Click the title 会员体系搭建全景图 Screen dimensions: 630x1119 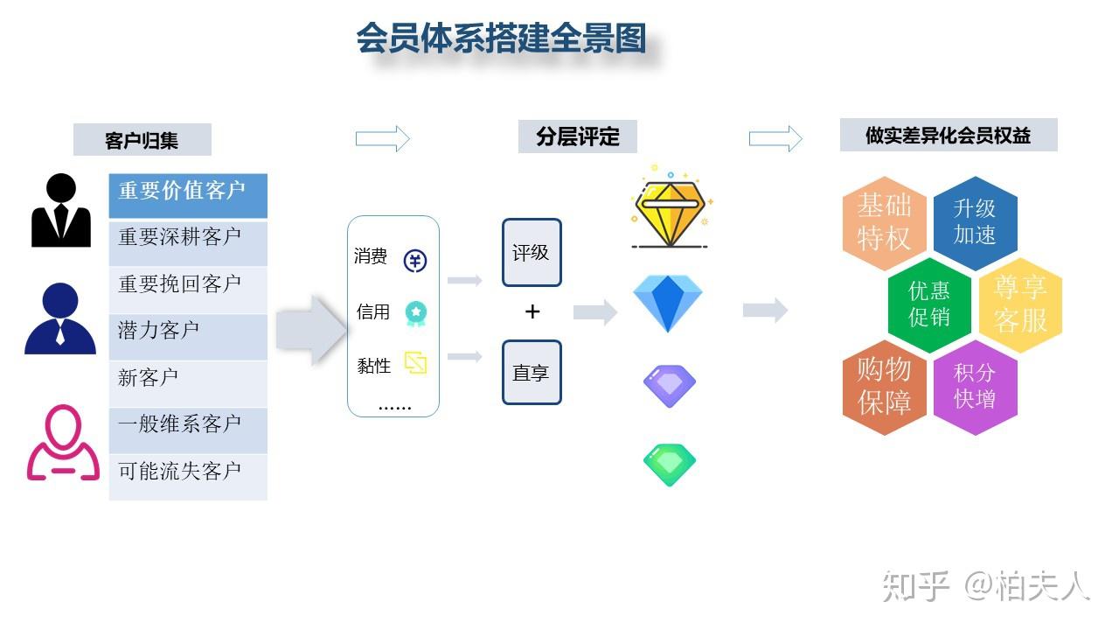pos(500,39)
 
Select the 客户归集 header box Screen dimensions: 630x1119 pos(142,140)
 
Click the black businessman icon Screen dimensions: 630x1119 pos(61,211)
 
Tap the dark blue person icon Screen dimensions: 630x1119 pos(60,318)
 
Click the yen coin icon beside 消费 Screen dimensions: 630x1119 pos(415,260)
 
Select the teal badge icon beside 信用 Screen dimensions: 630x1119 pos(415,312)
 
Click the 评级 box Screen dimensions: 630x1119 pos(532,253)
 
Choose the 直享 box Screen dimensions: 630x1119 pos(532,373)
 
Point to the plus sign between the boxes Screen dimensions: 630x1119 pos(532,312)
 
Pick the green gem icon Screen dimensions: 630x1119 pos(670,465)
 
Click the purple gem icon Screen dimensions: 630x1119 pos(670,386)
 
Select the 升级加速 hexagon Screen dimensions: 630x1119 pos(975,222)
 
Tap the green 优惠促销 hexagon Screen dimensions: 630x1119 pos(929,304)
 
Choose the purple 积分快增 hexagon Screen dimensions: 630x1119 pos(975,387)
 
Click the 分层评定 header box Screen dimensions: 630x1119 pos(577,137)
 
